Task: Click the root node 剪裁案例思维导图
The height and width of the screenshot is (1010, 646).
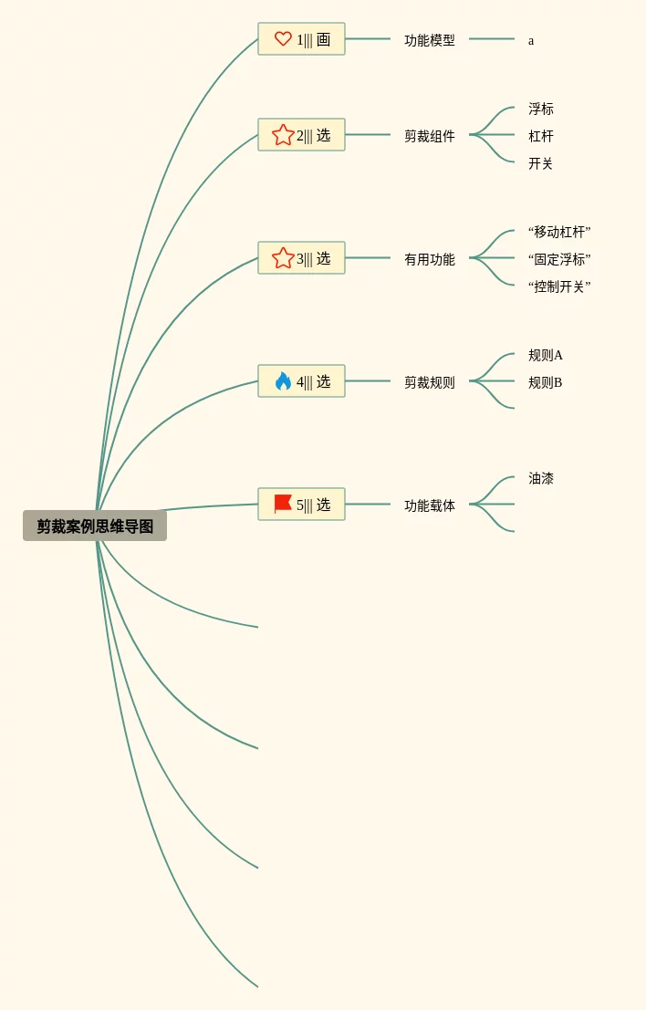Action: (95, 526)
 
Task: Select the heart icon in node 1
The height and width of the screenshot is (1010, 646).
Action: (283, 39)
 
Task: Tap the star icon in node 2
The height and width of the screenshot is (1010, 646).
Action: (283, 135)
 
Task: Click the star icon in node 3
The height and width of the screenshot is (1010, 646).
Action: (283, 258)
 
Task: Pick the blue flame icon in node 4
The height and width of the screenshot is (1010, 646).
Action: (283, 381)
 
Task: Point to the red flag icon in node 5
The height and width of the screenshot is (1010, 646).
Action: (283, 504)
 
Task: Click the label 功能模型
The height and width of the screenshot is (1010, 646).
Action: (429, 40)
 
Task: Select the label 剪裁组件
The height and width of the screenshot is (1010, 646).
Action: (429, 136)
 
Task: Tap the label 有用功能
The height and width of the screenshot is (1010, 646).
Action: (429, 259)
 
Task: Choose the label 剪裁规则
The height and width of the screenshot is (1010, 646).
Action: (429, 382)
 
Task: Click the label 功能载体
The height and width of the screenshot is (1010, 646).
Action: (429, 505)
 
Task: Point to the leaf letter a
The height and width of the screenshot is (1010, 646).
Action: (531, 40)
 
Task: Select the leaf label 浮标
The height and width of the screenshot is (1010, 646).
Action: (540, 109)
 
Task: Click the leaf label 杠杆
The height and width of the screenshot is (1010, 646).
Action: (540, 136)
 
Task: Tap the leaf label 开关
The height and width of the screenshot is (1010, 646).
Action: (540, 163)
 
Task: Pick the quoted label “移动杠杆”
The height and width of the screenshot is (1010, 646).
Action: (558, 232)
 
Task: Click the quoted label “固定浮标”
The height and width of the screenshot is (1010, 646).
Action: (558, 259)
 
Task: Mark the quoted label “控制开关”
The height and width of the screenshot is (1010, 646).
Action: (558, 286)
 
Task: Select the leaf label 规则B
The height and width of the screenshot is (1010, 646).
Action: (545, 382)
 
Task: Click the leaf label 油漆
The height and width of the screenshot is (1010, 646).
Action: (540, 478)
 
